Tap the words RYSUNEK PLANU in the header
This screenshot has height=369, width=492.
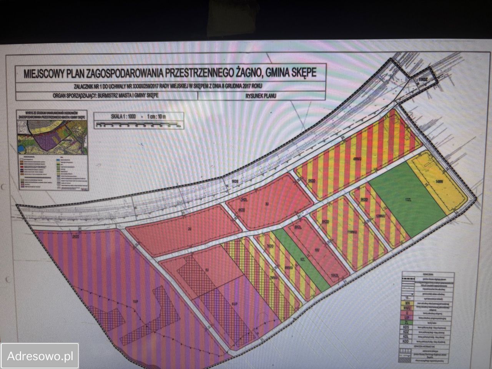pyautogui.click(x=260, y=97)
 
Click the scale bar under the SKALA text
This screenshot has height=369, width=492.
pyautogui.click(x=138, y=124)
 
